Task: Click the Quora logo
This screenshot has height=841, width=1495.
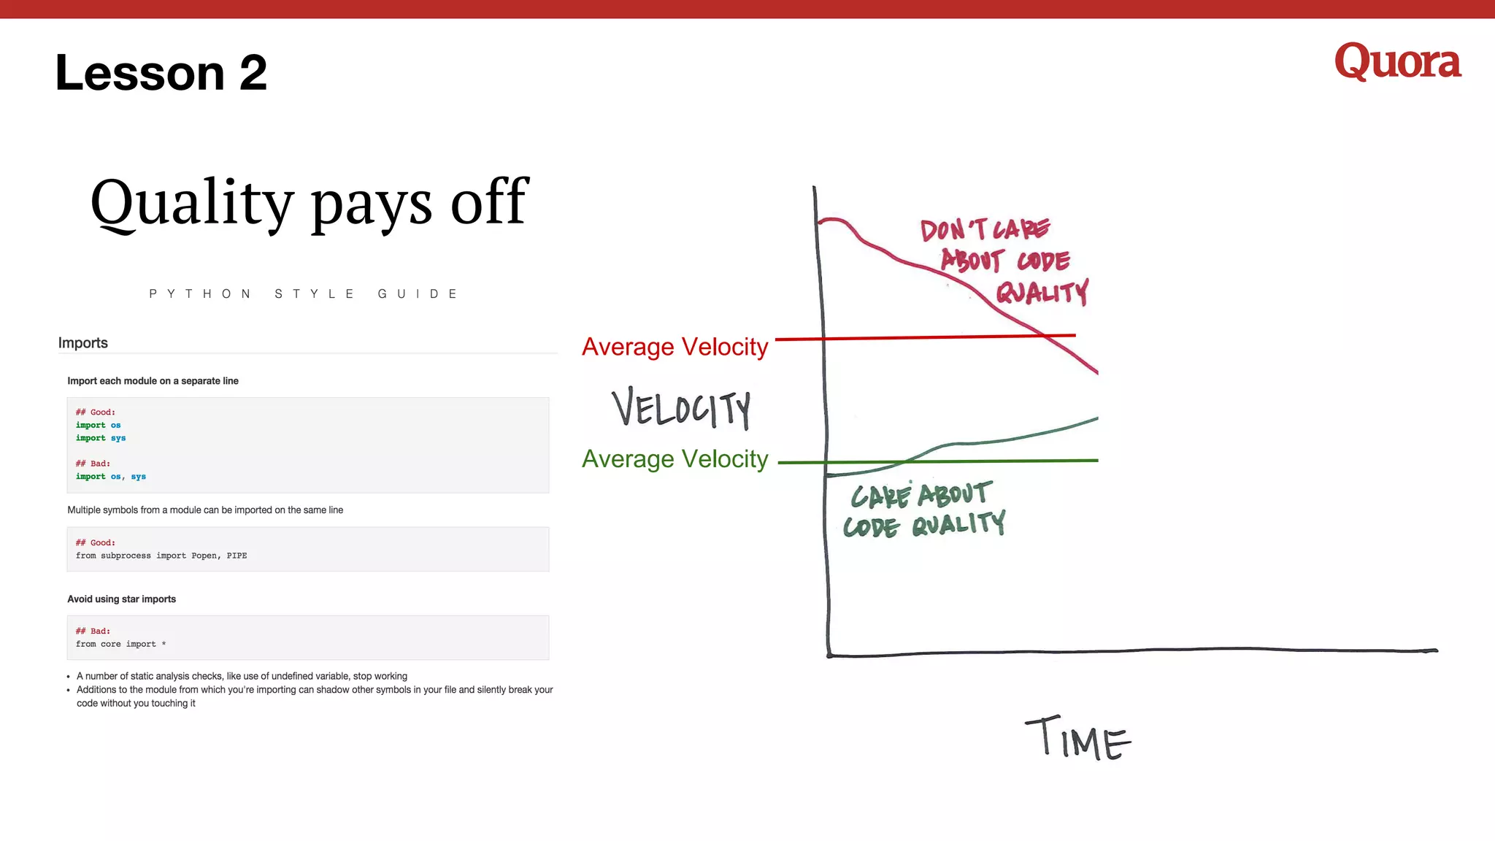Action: click(x=1397, y=62)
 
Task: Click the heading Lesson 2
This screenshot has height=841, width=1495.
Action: click(x=161, y=73)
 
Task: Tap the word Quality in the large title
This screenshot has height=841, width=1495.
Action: click(x=192, y=203)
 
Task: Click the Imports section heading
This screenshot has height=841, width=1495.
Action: click(x=83, y=343)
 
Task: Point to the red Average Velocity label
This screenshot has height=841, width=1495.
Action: click(x=675, y=347)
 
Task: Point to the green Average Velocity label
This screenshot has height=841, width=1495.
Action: click(x=675, y=459)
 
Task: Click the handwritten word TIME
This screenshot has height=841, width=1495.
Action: click(x=1077, y=739)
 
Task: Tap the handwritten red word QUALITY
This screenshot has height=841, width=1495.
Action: click(x=1042, y=293)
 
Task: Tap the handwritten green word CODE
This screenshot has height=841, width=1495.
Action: click(x=871, y=527)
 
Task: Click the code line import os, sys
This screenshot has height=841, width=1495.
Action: click(x=111, y=477)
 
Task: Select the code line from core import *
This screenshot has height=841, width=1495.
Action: click(x=121, y=644)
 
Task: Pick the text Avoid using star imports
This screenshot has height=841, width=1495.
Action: click(x=122, y=599)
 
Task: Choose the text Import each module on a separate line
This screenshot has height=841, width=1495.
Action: click(x=153, y=381)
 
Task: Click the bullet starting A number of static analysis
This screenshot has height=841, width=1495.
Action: click(x=242, y=676)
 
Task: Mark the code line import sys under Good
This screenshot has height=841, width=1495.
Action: click(x=101, y=438)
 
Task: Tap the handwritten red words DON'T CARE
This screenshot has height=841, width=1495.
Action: click(x=985, y=229)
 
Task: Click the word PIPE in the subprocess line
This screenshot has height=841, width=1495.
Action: click(x=237, y=556)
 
